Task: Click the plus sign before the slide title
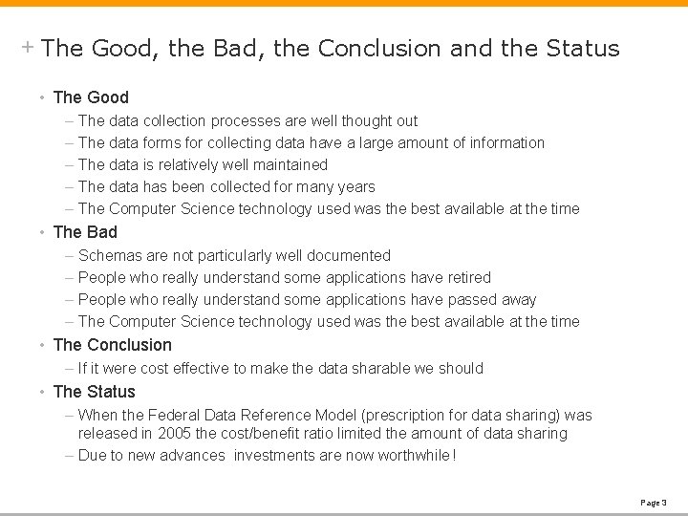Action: (29, 46)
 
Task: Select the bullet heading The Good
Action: (91, 97)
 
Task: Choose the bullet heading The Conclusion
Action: (113, 345)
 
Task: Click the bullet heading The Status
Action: (95, 392)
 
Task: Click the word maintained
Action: (286, 165)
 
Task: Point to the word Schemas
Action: (110, 256)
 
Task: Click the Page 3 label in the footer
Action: (654, 502)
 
